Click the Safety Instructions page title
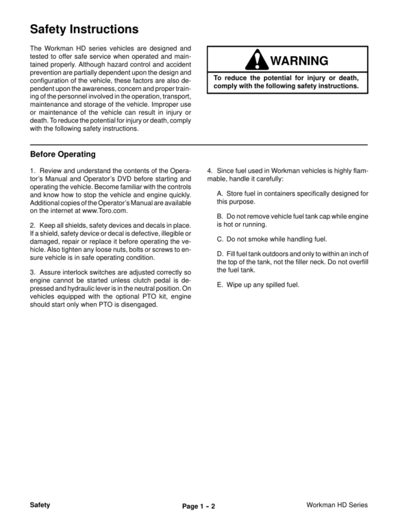pos(84,29)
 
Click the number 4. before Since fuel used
pos(209,170)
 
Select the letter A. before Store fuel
pos(220,194)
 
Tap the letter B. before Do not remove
pos(220,217)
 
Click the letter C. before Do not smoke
pos(220,239)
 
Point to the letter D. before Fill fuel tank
pos(220,254)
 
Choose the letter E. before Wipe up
pos(220,284)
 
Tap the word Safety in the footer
pos(41,504)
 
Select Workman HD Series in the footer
pos(337,505)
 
